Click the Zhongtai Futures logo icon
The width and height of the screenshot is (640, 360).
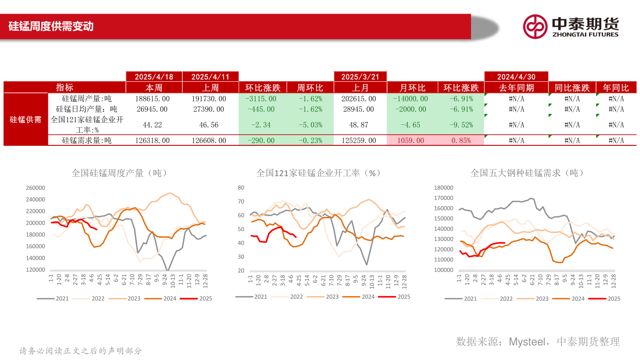[x=535, y=27]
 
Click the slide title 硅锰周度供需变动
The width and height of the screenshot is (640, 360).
[x=51, y=26]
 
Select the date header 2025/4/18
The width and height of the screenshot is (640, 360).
[x=154, y=77]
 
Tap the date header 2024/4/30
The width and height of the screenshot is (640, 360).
[x=516, y=77]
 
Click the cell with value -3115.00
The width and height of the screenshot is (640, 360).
[x=262, y=99]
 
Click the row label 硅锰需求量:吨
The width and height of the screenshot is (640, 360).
[x=87, y=140]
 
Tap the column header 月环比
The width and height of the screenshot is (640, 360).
[x=412, y=88]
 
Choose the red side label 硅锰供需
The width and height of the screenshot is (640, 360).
[x=26, y=120]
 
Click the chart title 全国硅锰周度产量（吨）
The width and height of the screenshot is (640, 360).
[x=119, y=173]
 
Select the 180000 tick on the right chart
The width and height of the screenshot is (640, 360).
[x=443, y=188]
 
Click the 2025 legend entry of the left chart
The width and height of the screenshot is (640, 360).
[x=200, y=299]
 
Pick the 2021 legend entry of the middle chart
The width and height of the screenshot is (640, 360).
[x=254, y=297]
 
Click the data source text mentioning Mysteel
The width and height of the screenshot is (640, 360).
[x=537, y=341]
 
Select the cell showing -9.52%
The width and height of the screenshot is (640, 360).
[x=461, y=125]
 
